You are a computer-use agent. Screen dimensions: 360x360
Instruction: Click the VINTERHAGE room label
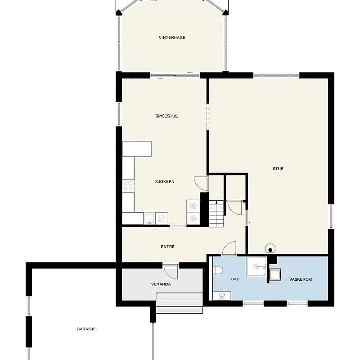(x=172, y=37)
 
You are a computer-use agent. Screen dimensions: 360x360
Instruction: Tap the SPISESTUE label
(x=166, y=116)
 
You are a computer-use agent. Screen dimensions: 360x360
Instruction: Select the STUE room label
(x=278, y=168)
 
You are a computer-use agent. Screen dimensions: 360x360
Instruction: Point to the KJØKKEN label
(x=165, y=182)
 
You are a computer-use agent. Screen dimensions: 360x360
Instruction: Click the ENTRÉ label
(x=167, y=247)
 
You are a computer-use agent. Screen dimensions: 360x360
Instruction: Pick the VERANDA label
(x=161, y=284)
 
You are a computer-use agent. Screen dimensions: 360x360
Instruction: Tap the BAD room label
(x=235, y=279)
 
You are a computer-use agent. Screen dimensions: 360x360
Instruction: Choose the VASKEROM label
(x=301, y=279)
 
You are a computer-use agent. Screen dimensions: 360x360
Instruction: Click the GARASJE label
(x=86, y=329)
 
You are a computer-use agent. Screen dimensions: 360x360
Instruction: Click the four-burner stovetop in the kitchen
(x=128, y=186)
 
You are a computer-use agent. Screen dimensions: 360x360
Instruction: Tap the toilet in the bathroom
(x=218, y=270)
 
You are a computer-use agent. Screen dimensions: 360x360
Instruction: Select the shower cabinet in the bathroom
(x=256, y=267)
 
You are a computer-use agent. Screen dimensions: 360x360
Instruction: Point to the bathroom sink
(x=222, y=296)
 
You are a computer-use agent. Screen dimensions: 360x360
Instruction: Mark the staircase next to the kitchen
(x=216, y=213)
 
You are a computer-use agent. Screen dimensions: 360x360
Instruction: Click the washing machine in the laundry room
(x=275, y=274)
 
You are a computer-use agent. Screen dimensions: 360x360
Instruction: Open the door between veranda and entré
(x=171, y=272)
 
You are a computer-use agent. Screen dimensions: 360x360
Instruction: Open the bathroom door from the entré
(x=229, y=248)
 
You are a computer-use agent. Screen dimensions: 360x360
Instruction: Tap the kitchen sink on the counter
(x=149, y=218)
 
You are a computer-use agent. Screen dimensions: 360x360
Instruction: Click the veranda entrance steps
(x=179, y=303)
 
